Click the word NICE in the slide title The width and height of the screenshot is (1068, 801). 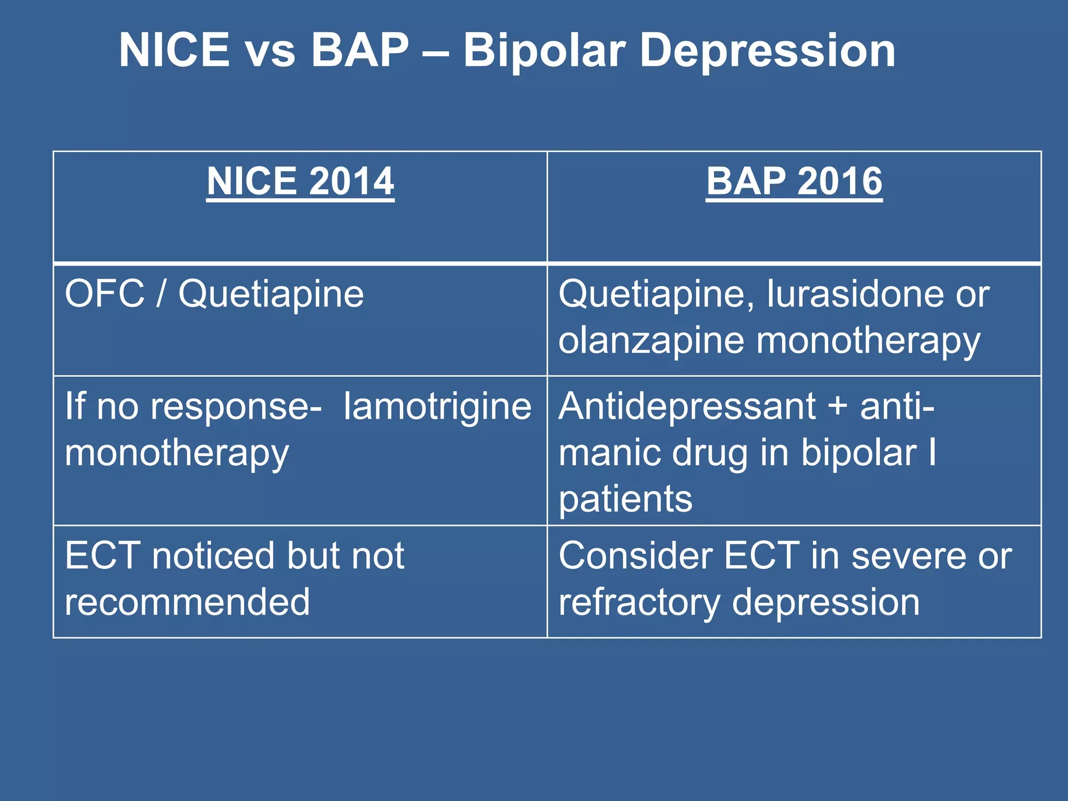point(174,51)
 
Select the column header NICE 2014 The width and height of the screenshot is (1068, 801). point(300,181)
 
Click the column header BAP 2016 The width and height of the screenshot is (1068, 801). point(794,181)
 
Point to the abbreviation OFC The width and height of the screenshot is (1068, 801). point(104,294)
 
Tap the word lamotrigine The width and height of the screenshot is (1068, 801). point(437,407)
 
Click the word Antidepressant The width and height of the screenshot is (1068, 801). point(687,407)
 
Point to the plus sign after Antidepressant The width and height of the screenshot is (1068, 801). point(838,407)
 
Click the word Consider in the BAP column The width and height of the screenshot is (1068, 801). point(635,556)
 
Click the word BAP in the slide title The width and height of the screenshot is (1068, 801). point(360,51)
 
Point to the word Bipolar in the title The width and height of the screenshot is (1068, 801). point(544,52)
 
